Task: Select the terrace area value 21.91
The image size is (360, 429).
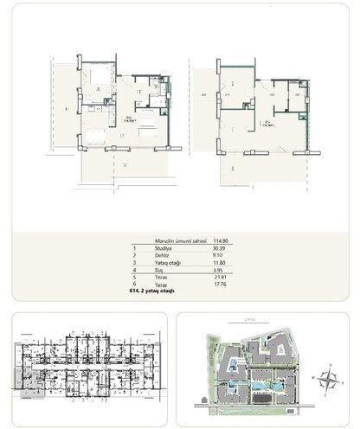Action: click(233, 285)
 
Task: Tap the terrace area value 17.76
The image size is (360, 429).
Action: click(233, 293)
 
